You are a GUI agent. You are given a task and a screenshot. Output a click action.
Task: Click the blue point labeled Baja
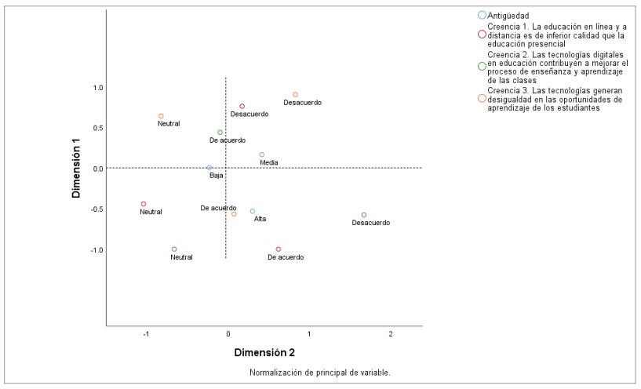[209, 168]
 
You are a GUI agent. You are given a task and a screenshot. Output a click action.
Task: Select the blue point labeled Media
[262, 155]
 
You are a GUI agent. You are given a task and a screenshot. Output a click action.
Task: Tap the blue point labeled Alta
[253, 211]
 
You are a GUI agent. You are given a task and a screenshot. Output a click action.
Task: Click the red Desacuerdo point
[242, 106]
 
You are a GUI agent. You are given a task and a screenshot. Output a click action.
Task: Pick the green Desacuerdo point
[364, 215]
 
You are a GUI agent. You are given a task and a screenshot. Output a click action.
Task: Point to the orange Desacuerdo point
[295, 95]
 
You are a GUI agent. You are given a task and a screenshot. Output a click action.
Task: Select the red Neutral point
[144, 204]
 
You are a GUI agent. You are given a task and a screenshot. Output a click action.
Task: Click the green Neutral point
[174, 249]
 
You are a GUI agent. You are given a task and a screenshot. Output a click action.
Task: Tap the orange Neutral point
[162, 116]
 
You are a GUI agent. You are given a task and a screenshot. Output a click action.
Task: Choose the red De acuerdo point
[279, 249]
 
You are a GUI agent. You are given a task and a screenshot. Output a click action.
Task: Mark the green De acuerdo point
[220, 133]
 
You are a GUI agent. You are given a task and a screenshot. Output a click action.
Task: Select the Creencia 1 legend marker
[482, 35]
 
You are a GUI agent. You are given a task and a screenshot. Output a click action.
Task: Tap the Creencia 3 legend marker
[482, 98]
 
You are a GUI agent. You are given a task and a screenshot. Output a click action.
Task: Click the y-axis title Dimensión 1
[77, 168]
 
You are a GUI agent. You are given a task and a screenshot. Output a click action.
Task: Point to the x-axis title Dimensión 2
[264, 352]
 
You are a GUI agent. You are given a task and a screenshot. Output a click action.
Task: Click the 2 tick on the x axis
[390, 335]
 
